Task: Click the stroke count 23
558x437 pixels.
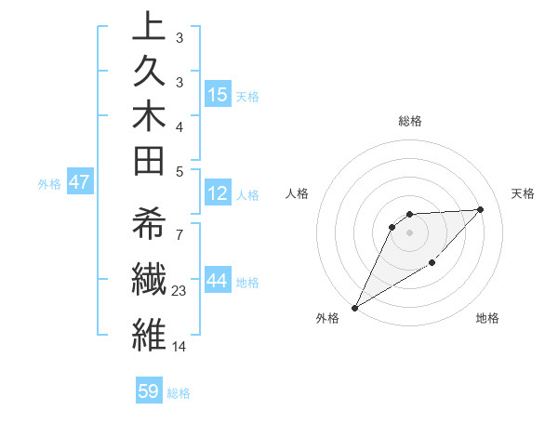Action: point(180,291)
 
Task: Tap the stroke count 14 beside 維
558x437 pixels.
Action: point(180,347)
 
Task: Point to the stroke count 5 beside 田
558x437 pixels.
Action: point(179,172)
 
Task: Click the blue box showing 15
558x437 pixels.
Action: point(218,95)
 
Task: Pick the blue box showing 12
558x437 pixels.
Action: point(218,194)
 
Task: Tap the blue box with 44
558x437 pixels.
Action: point(218,282)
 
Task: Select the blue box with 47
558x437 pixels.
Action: point(79,182)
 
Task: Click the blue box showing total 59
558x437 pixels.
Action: point(149,391)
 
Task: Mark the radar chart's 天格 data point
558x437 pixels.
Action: point(481,209)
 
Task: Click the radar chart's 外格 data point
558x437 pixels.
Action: point(354,308)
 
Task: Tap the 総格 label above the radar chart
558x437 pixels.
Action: point(410,121)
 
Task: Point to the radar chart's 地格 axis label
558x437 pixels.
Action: point(487,319)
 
